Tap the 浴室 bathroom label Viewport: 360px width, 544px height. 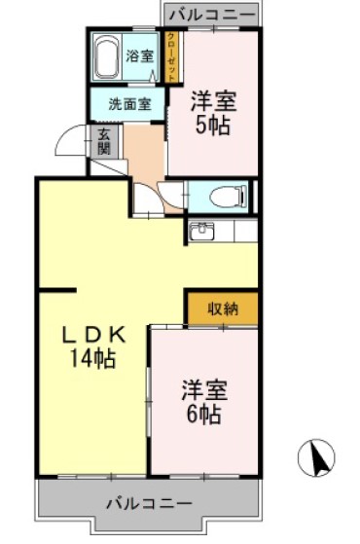tap(140, 54)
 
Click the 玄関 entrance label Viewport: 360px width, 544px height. tap(104, 143)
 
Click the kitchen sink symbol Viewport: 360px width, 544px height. tap(202, 232)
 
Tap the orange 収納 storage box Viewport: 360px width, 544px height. tap(222, 309)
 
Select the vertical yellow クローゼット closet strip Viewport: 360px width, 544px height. tap(171, 58)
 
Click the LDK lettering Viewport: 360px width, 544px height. tap(93, 334)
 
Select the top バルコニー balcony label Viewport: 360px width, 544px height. tap(211, 16)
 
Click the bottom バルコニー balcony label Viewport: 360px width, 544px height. tap(148, 503)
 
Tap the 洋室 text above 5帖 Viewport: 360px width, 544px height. tap(214, 100)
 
